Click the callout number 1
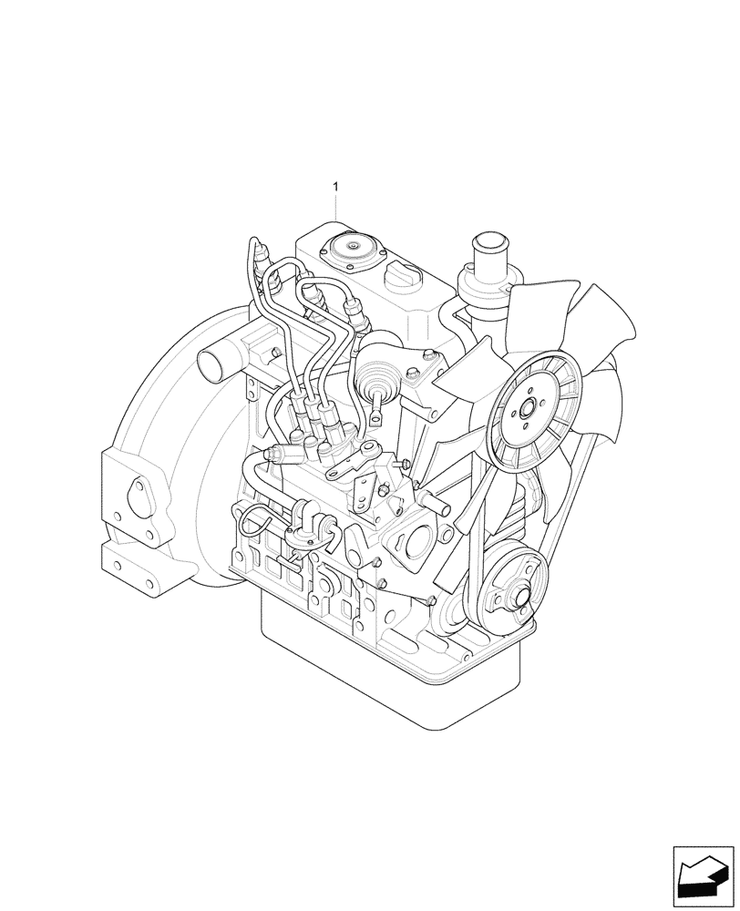point(335,187)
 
